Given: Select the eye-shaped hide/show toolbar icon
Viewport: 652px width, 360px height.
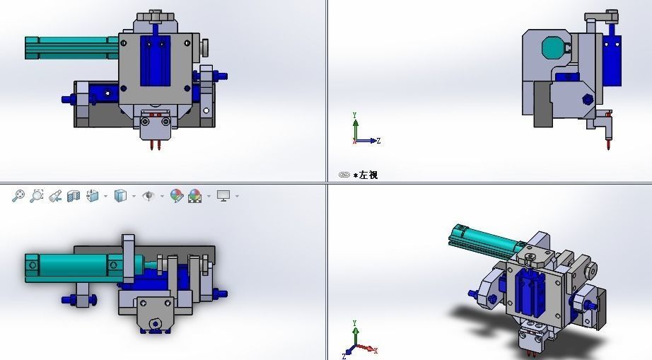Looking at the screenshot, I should coord(149,196).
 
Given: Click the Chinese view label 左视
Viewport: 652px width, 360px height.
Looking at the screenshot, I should coord(368,175).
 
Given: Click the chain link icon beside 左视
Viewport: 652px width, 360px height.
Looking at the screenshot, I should coord(344,175).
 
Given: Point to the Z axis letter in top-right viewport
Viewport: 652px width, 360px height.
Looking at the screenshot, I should coord(379,141).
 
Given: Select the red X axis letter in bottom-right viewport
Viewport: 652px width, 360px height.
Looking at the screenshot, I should coord(375,350).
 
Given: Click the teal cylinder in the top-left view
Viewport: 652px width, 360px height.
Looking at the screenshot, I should coord(67,47).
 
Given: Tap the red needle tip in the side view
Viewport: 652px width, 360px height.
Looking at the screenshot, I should coord(607,144).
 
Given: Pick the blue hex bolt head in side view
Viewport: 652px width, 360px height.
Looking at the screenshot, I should coord(586,100).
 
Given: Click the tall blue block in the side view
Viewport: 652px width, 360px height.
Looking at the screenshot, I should coord(612,60).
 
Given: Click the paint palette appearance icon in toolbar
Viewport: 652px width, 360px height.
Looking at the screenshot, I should coord(177,196).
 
